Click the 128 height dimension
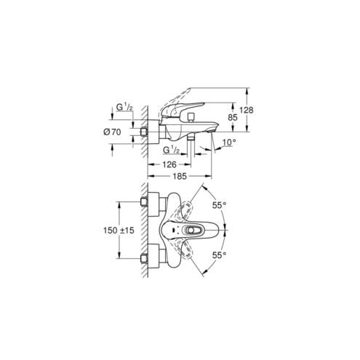coord(247,110)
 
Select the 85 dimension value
coord(233,118)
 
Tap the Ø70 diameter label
coord(112,132)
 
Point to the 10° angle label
coord(229,143)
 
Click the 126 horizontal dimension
coord(169,164)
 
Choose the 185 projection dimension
coord(180,176)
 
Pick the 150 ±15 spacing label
coord(119,231)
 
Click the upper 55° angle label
coord(219,205)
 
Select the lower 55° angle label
coord(219,255)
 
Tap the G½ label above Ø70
coord(124,107)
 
